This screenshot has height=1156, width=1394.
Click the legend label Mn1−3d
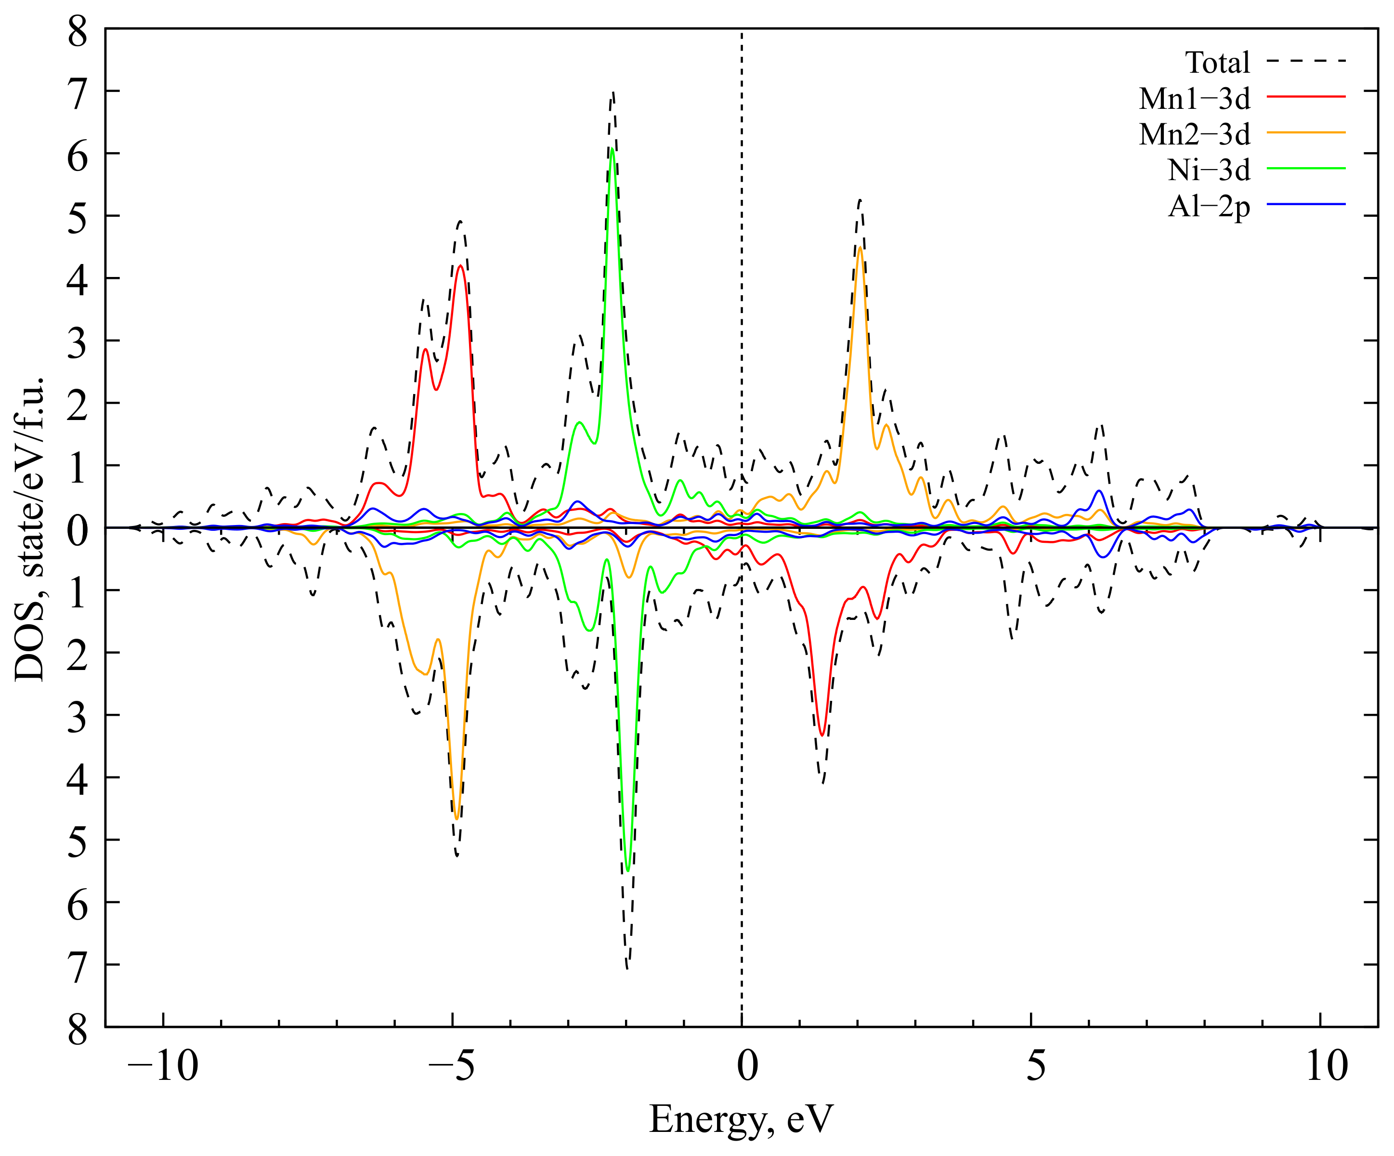[x=1194, y=99]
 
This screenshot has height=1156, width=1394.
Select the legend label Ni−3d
[x=1209, y=171]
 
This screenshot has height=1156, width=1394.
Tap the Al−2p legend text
[x=1209, y=207]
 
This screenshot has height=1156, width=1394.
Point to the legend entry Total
[x=1217, y=63]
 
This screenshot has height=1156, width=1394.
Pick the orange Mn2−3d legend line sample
[x=1306, y=133]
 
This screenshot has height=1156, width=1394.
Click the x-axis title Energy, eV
[x=740, y=1119]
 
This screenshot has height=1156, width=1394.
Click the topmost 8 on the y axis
[x=78, y=32]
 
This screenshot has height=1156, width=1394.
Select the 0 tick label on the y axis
[x=78, y=530]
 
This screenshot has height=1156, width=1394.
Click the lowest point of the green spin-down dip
[x=628, y=870]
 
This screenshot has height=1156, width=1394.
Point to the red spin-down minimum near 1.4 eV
[x=822, y=735]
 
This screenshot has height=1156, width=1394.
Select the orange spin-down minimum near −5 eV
[x=456, y=819]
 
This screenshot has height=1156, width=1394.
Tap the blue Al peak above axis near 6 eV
[x=1099, y=491]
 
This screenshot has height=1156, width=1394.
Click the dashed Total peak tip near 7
[x=612, y=93]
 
